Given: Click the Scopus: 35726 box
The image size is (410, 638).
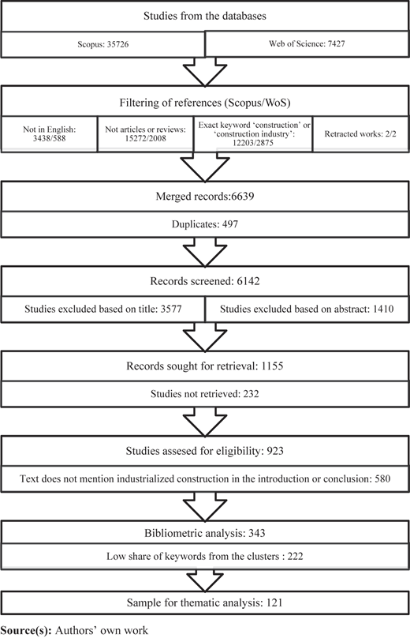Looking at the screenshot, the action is click(102, 44).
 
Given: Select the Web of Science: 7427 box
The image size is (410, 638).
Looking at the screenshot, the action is click(307, 43).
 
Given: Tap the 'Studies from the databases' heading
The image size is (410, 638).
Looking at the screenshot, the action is click(205, 16).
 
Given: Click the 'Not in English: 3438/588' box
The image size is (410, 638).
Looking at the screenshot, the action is click(49, 134).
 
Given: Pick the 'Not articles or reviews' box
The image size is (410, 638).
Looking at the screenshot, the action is click(145, 134).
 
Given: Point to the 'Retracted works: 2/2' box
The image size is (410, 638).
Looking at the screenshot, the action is click(360, 134).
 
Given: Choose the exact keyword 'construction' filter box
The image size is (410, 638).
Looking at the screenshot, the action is click(253, 134).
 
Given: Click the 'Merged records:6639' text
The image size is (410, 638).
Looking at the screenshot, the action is click(205, 196).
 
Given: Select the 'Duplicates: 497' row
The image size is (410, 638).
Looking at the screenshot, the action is click(205, 224).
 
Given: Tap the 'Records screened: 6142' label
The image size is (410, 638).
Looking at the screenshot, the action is click(205, 281).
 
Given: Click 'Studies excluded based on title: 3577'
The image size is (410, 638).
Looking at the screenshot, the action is click(102, 309).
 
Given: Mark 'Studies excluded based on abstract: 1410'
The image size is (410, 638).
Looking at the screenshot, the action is click(307, 309).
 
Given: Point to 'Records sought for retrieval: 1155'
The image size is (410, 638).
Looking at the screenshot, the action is click(205, 366).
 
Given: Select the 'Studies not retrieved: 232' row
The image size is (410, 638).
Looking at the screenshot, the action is click(205, 394).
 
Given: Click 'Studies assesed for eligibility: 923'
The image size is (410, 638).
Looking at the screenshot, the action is click(205, 451).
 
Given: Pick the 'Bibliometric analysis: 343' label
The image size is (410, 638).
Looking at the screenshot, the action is click(205, 533).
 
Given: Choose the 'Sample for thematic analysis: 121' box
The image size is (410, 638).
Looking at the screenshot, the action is click(205, 602).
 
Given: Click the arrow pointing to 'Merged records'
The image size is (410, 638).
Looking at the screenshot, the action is click(205, 167).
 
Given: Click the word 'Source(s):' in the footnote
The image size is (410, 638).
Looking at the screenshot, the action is click(26, 630).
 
